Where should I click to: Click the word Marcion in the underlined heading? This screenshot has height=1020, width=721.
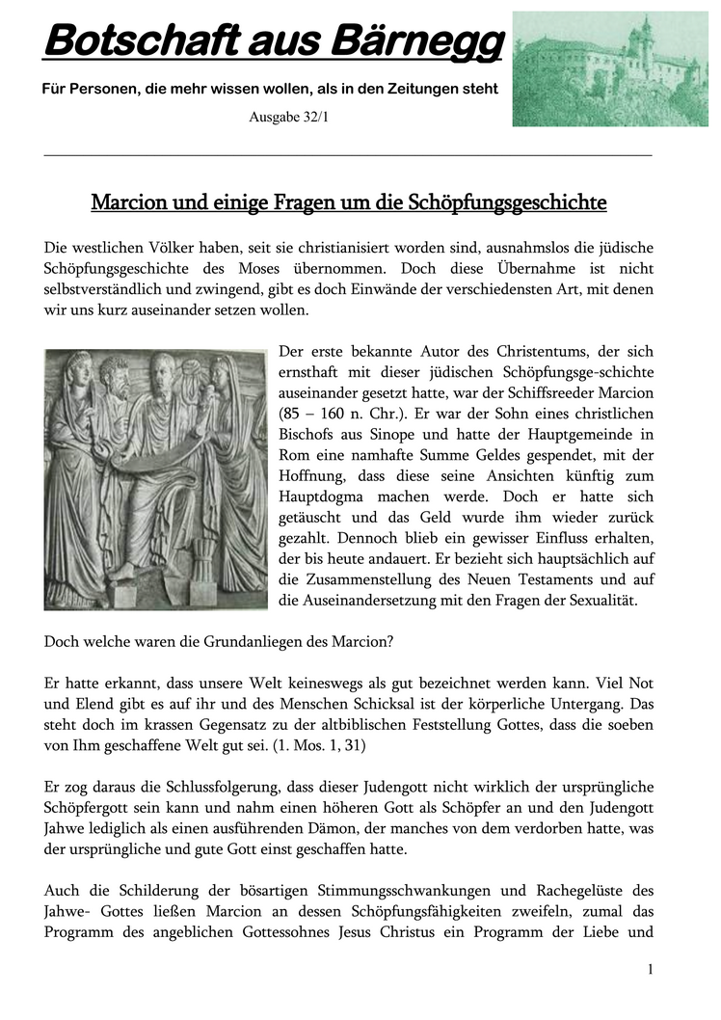[x=128, y=203]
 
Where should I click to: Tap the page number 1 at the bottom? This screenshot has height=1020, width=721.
[x=651, y=970]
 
